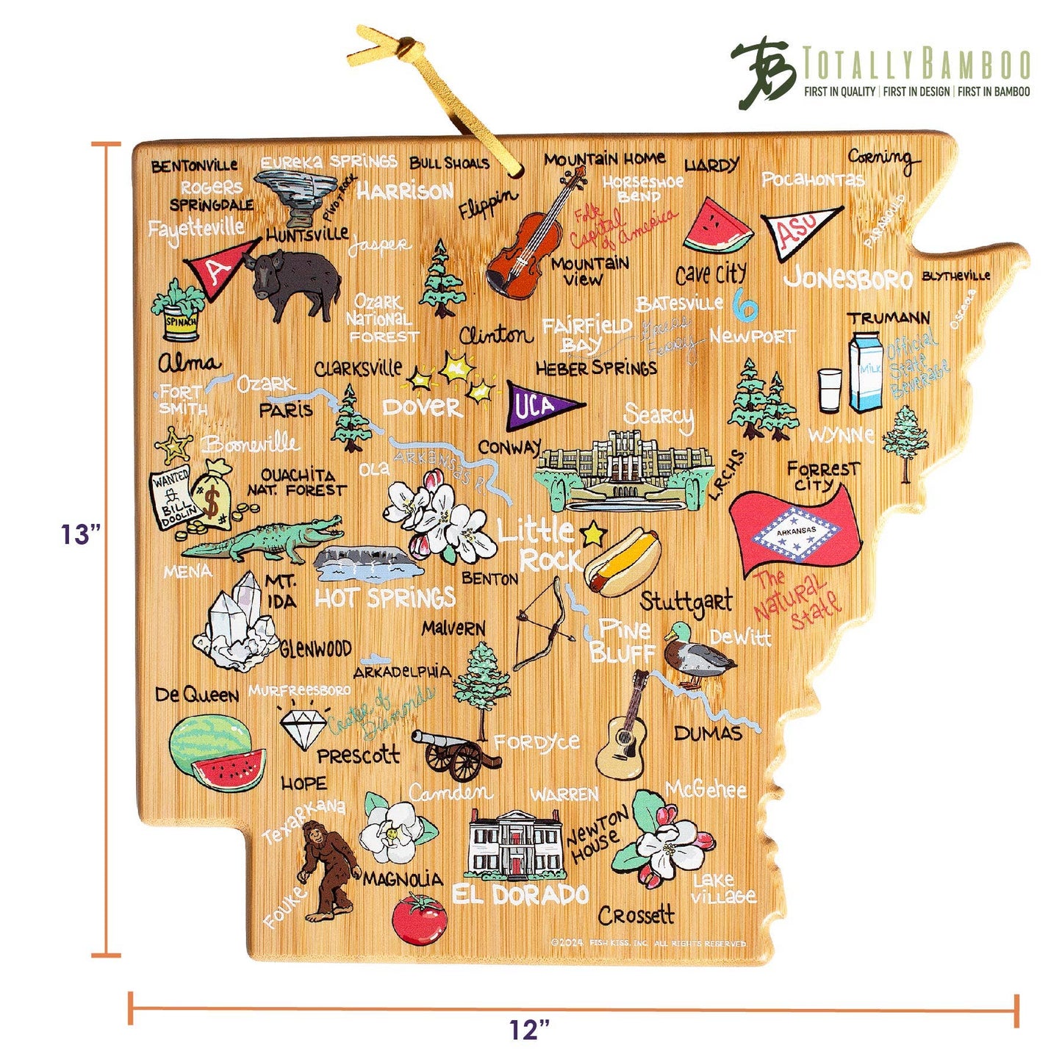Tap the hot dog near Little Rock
(x=622, y=562)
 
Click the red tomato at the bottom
(x=418, y=919)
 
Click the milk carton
(x=866, y=372)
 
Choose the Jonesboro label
(x=847, y=278)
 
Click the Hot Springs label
(x=385, y=598)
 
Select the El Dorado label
(x=520, y=894)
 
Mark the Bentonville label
(x=194, y=166)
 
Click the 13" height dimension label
(x=79, y=534)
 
